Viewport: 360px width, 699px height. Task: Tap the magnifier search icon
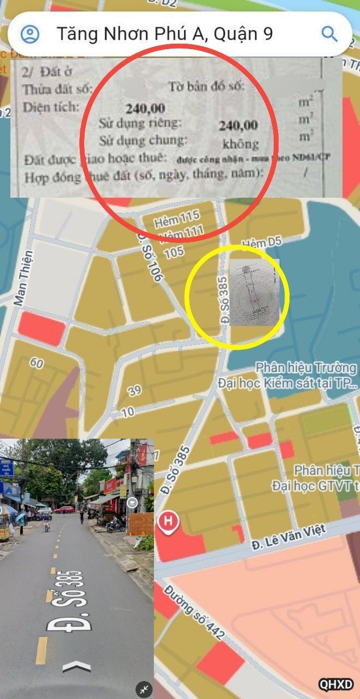click(329, 34)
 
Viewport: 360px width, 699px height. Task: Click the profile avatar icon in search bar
click(29, 34)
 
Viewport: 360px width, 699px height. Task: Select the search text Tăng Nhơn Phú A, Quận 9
click(164, 34)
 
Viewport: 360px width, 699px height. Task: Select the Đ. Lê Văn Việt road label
click(289, 536)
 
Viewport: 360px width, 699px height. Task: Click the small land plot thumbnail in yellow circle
click(254, 293)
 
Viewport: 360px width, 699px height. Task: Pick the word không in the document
click(240, 144)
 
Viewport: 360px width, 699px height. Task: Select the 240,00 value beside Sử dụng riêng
click(238, 126)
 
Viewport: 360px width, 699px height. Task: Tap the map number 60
click(37, 363)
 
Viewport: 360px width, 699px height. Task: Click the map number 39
click(134, 390)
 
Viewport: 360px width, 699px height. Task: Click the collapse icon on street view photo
click(144, 689)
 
